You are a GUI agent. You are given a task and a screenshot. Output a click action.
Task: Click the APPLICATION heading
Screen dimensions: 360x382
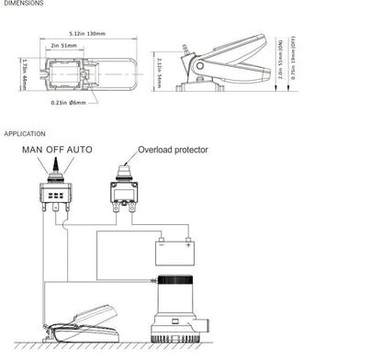click(x=25, y=134)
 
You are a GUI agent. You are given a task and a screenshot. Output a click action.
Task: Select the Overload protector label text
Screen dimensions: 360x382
click(x=173, y=149)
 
